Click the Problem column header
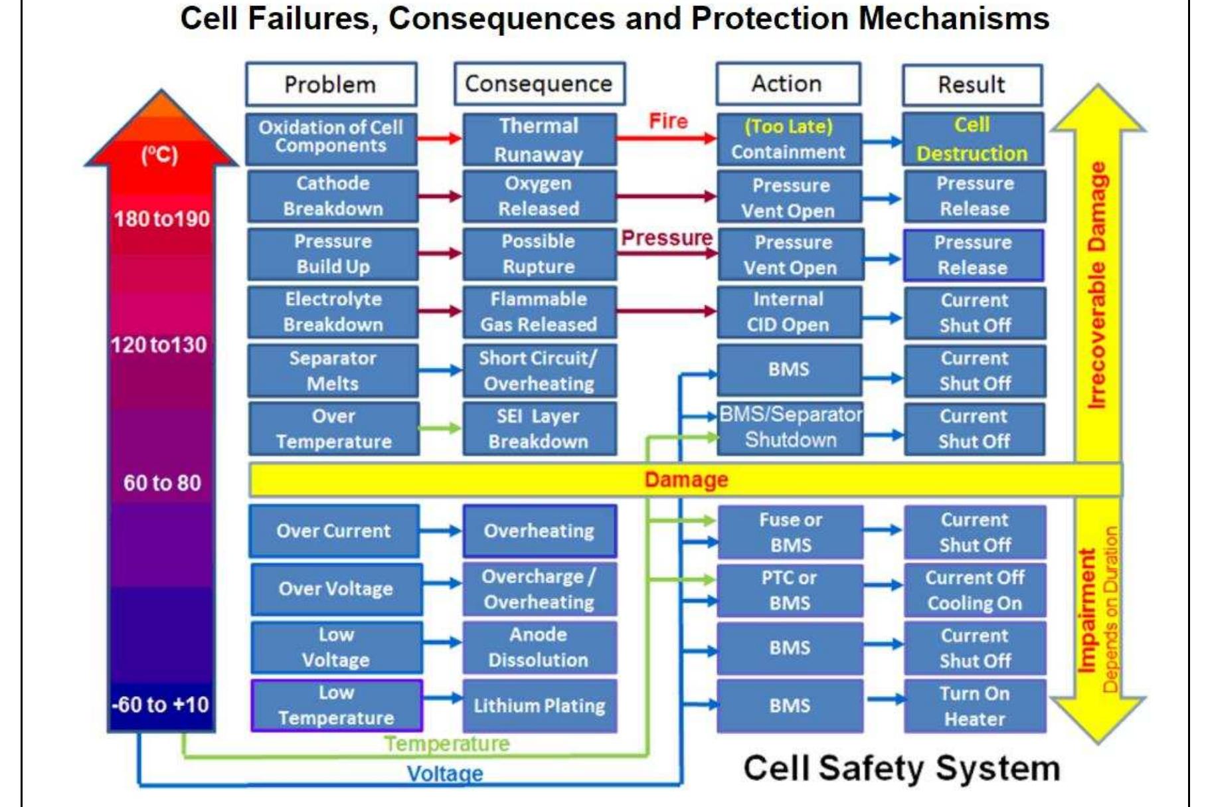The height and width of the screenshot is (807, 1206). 331,84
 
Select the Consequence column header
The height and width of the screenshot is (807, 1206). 539,84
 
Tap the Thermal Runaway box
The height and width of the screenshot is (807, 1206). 539,139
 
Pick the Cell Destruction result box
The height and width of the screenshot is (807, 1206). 972,139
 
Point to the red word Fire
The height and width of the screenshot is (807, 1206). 668,121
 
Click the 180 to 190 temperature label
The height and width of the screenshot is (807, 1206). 161,219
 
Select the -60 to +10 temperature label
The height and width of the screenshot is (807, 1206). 161,704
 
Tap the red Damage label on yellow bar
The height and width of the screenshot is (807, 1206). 686,480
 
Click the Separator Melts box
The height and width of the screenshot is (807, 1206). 333,371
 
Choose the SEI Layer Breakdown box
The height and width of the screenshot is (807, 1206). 539,428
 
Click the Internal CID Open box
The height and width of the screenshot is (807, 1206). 789,312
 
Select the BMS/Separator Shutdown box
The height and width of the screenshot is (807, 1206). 790,428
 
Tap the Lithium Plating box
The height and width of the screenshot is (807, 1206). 539,705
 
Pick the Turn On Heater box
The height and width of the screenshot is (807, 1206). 975,705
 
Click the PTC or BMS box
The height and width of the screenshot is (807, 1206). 790,590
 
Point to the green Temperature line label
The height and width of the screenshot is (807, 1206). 447,744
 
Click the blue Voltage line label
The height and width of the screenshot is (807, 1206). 445,774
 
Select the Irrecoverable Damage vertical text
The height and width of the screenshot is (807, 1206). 1097,286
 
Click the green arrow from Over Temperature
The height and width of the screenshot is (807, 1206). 440,428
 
